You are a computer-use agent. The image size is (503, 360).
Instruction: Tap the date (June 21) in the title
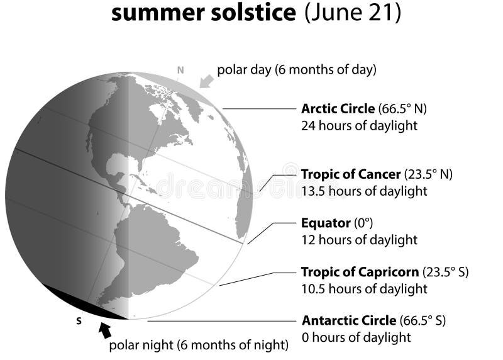(x=353, y=13)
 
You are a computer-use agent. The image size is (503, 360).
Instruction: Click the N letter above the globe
(x=180, y=70)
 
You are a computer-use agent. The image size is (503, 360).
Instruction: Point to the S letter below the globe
(x=79, y=321)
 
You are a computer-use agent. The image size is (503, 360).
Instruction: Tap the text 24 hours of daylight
(x=359, y=125)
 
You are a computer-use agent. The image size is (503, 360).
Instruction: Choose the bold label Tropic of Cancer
(x=350, y=174)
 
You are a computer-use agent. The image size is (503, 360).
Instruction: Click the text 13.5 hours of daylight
(x=364, y=191)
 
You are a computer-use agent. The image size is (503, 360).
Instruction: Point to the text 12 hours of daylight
(x=359, y=240)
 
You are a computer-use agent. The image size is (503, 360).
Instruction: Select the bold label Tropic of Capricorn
(x=360, y=273)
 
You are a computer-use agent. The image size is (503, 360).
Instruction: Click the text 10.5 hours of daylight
(x=364, y=289)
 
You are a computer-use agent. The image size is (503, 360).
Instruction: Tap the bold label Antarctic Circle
(x=349, y=320)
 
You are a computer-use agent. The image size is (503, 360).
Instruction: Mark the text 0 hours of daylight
(x=356, y=337)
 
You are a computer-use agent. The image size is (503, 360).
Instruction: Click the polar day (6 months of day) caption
(x=297, y=70)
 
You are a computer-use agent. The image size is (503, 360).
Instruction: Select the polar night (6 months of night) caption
(x=199, y=345)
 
